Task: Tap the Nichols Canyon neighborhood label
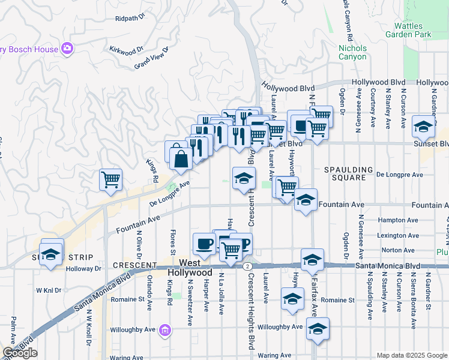[x=352, y=52]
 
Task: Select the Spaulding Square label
[x=349, y=174]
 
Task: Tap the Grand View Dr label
[x=150, y=61]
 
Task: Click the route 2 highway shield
[x=247, y=265]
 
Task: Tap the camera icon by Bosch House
[x=67, y=49]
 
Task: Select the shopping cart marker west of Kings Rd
[x=110, y=179]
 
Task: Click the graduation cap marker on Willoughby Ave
[x=318, y=328]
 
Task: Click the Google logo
[x=20, y=353]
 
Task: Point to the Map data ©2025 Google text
[x=411, y=355]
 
